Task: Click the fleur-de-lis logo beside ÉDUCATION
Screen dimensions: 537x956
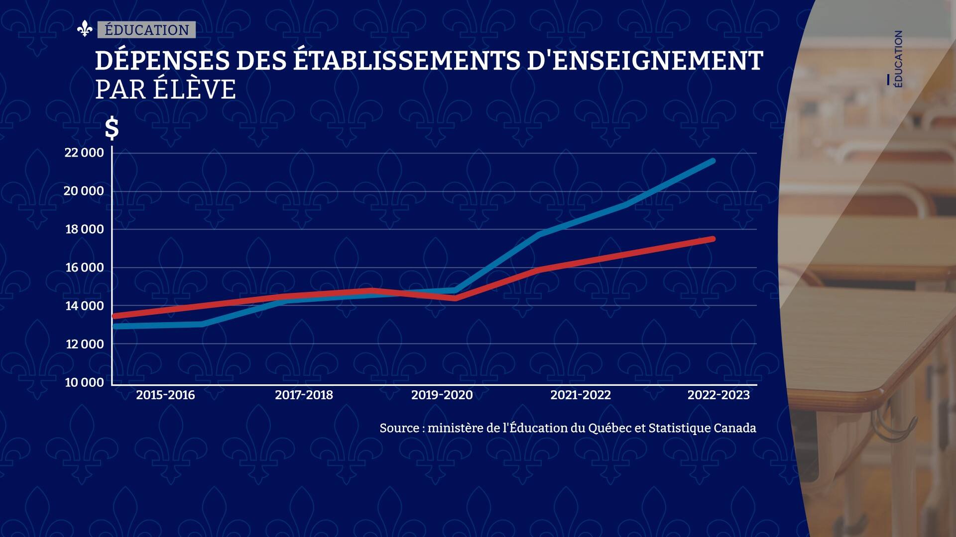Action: click(x=85, y=29)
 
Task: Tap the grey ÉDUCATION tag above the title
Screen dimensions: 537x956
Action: click(x=147, y=30)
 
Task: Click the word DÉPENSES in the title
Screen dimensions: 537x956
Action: click(x=162, y=61)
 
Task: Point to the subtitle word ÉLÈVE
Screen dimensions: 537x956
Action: click(x=194, y=90)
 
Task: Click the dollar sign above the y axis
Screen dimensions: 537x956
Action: click(x=112, y=128)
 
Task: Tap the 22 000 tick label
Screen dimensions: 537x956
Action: click(x=84, y=153)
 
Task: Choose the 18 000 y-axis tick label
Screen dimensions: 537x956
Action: click(x=85, y=229)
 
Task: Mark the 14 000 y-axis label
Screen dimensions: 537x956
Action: click(x=85, y=306)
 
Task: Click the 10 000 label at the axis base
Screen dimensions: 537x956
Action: click(x=85, y=382)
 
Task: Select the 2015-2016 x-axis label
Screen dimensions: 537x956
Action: click(x=165, y=395)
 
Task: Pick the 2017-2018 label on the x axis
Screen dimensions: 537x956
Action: click(x=304, y=395)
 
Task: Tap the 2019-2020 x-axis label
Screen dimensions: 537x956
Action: click(x=442, y=395)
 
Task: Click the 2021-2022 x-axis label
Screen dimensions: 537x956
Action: click(x=580, y=395)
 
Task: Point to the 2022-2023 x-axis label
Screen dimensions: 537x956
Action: click(x=718, y=395)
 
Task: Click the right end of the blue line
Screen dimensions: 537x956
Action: click(x=713, y=161)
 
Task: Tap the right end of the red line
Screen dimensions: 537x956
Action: click(x=713, y=239)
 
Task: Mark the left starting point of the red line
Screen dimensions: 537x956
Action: click(x=115, y=316)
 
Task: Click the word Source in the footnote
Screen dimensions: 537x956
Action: click(x=399, y=428)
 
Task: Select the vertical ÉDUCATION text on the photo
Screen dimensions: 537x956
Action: click(x=898, y=59)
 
